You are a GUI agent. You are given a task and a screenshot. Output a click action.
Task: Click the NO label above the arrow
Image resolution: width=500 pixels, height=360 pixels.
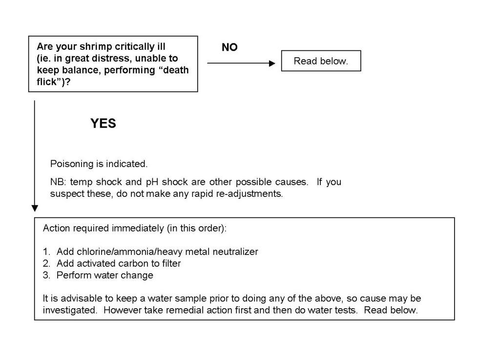coord(229,47)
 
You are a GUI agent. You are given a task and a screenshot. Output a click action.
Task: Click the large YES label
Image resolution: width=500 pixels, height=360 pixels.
coord(103,124)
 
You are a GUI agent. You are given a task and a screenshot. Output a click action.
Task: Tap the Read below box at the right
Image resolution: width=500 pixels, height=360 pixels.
coord(321,61)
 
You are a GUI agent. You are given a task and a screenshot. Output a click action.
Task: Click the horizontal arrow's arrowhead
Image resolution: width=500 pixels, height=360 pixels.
coord(272,63)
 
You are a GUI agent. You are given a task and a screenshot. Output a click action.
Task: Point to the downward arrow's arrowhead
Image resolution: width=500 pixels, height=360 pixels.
coord(35,208)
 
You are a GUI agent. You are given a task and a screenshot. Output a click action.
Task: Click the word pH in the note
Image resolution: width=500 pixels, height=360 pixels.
coord(152,182)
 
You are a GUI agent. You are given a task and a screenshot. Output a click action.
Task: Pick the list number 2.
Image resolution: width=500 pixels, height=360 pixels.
coord(46,263)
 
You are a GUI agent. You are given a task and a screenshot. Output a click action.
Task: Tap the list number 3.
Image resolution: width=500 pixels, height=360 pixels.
coord(46,275)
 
